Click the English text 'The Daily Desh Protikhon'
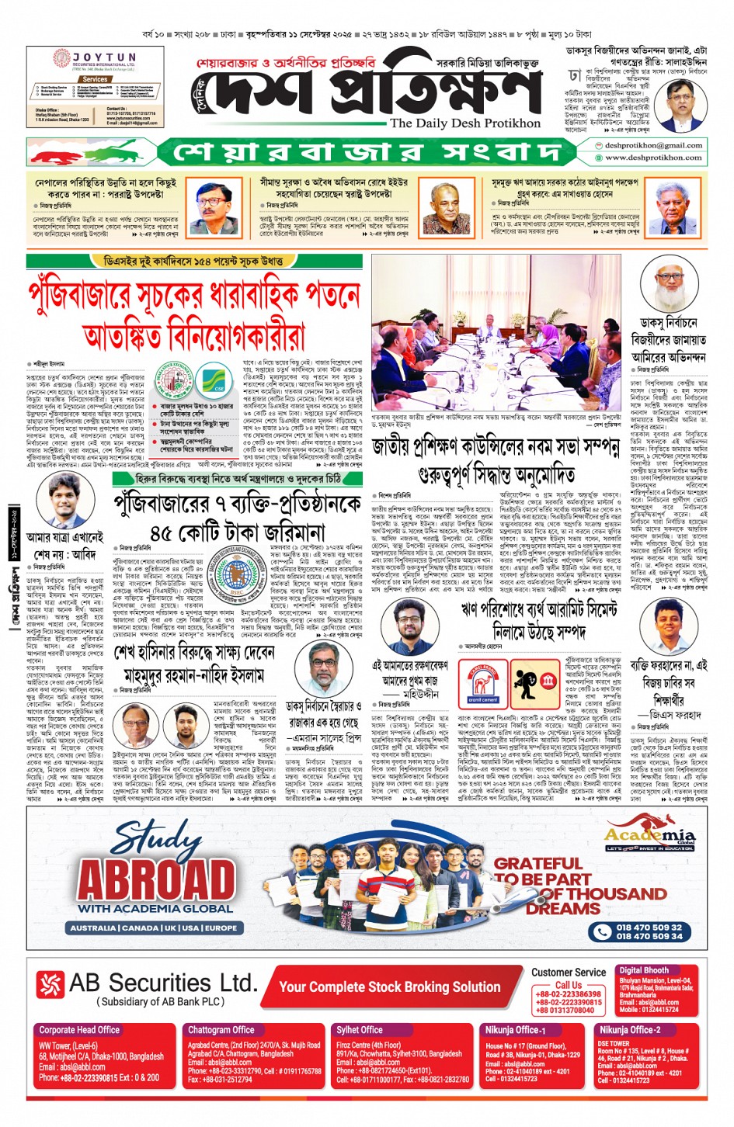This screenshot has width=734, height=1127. pos(464,123)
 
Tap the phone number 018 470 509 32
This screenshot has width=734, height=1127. pos(649,927)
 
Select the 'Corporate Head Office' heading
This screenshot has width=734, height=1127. pos(79,1030)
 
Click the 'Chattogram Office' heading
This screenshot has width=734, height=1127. pos(221,1030)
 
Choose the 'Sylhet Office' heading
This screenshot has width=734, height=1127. pos(360,1030)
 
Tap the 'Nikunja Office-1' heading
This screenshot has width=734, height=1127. pos(516,1030)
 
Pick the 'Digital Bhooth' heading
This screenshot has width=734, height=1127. pos(644,970)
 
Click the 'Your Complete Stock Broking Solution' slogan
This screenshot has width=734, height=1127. pos(389,987)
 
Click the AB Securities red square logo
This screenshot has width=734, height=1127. pos(50,984)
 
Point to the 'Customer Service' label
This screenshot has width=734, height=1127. pos(569,972)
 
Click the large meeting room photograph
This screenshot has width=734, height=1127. pos(497,334)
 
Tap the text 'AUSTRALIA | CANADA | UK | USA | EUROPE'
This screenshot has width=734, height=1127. pos(154,928)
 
